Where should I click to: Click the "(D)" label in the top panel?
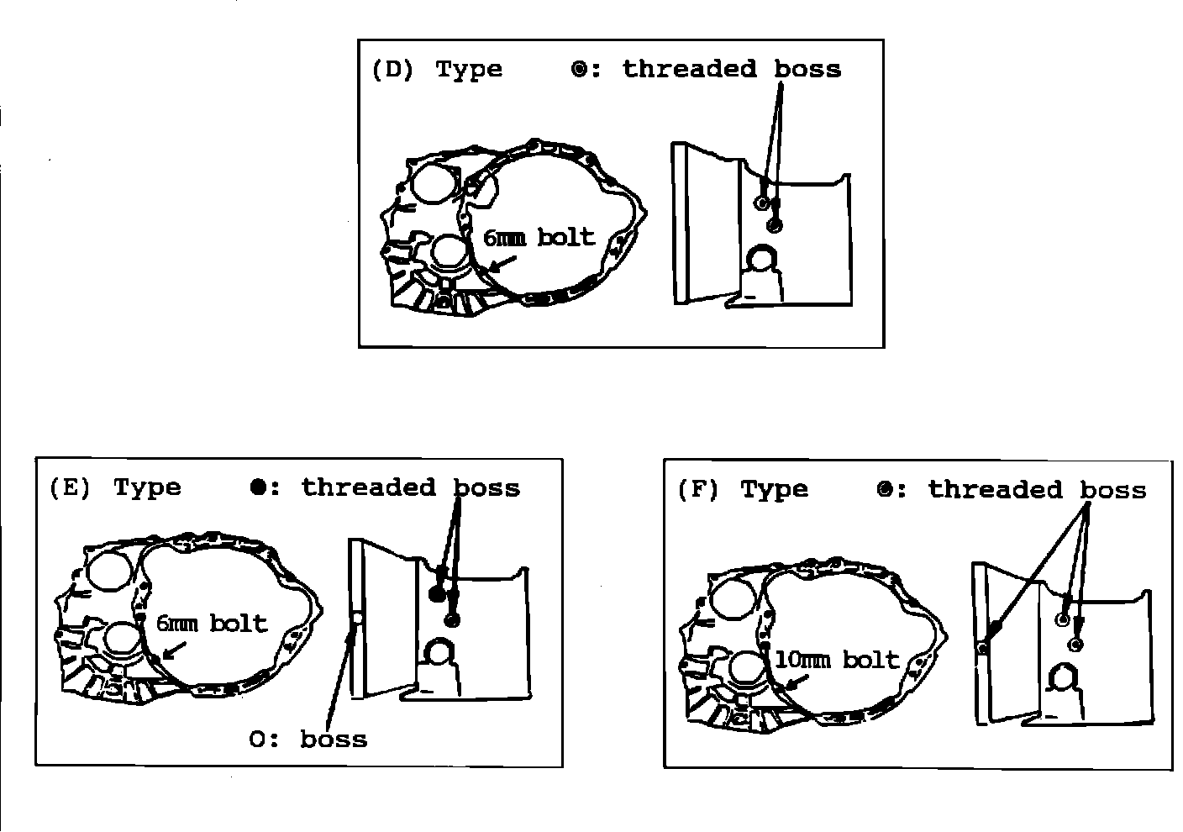392,70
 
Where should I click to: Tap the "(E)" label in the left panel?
70,488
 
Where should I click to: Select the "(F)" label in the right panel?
697,490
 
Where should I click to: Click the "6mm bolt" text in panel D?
539,238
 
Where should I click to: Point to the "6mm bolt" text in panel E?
212,624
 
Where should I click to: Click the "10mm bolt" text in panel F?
836,660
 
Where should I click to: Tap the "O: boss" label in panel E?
308,740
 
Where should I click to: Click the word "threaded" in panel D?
689,69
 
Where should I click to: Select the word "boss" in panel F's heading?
1113,490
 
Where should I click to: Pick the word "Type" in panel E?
148,488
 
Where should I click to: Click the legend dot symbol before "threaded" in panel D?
579,70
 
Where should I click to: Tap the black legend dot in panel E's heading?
258,487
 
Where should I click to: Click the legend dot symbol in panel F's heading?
884,490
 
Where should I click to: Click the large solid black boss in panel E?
436,595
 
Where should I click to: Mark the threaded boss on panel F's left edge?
982,647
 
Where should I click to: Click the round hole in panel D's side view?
764,260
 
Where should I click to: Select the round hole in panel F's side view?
1065,677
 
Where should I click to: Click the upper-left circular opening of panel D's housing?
433,184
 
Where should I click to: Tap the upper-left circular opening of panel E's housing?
109,573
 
